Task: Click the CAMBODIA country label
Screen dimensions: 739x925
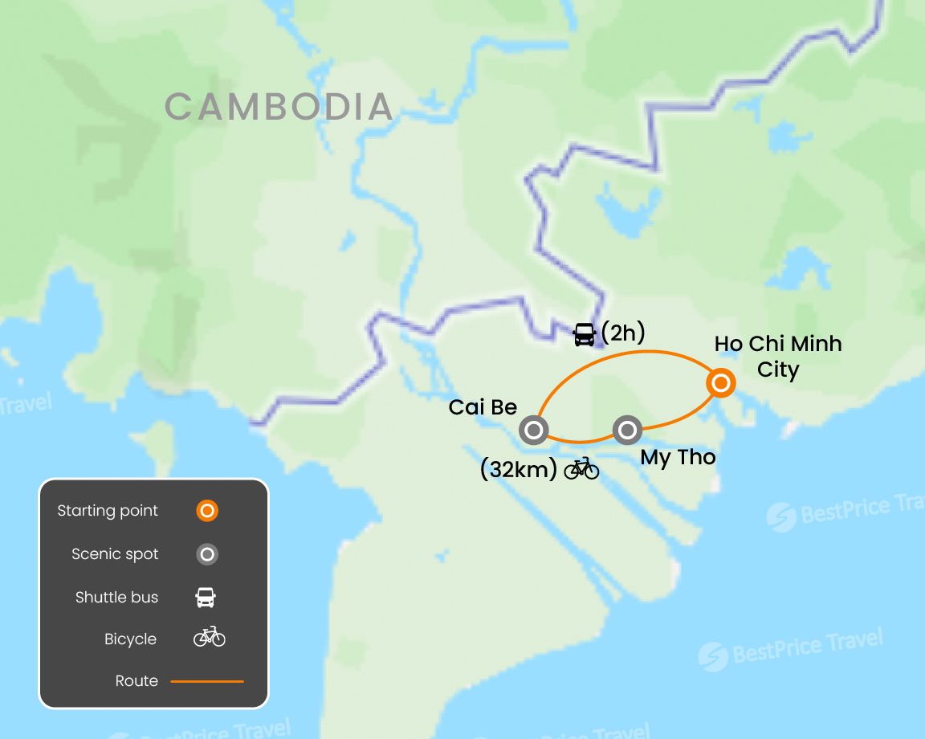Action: tap(279, 107)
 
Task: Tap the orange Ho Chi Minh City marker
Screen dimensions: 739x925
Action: tap(721, 383)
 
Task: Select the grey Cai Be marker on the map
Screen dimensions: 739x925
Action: tap(533, 431)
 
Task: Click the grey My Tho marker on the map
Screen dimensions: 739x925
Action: tap(627, 431)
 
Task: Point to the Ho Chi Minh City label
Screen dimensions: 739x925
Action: tap(778, 357)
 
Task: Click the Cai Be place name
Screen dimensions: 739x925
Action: tap(483, 407)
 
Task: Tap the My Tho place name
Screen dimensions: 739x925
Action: tap(678, 458)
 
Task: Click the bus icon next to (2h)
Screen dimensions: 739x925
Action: tap(584, 333)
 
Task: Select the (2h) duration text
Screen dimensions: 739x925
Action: tap(623, 333)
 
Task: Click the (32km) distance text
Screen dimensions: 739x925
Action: tap(518, 470)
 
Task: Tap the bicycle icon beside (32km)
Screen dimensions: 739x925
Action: tap(581, 468)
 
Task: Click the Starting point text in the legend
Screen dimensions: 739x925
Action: tap(108, 511)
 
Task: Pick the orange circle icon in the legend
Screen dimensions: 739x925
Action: tap(207, 511)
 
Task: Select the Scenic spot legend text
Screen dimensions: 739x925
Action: tap(115, 554)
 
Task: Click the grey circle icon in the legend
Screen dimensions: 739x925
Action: tap(207, 554)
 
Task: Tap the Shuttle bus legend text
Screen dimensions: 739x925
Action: tap(116, 597)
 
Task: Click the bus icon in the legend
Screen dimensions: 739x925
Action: tap(206, 597)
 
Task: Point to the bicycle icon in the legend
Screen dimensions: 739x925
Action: tap(209, 638)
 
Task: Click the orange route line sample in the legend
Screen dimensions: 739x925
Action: tap(207, 681)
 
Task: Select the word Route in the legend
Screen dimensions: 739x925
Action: tap(137, 681)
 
